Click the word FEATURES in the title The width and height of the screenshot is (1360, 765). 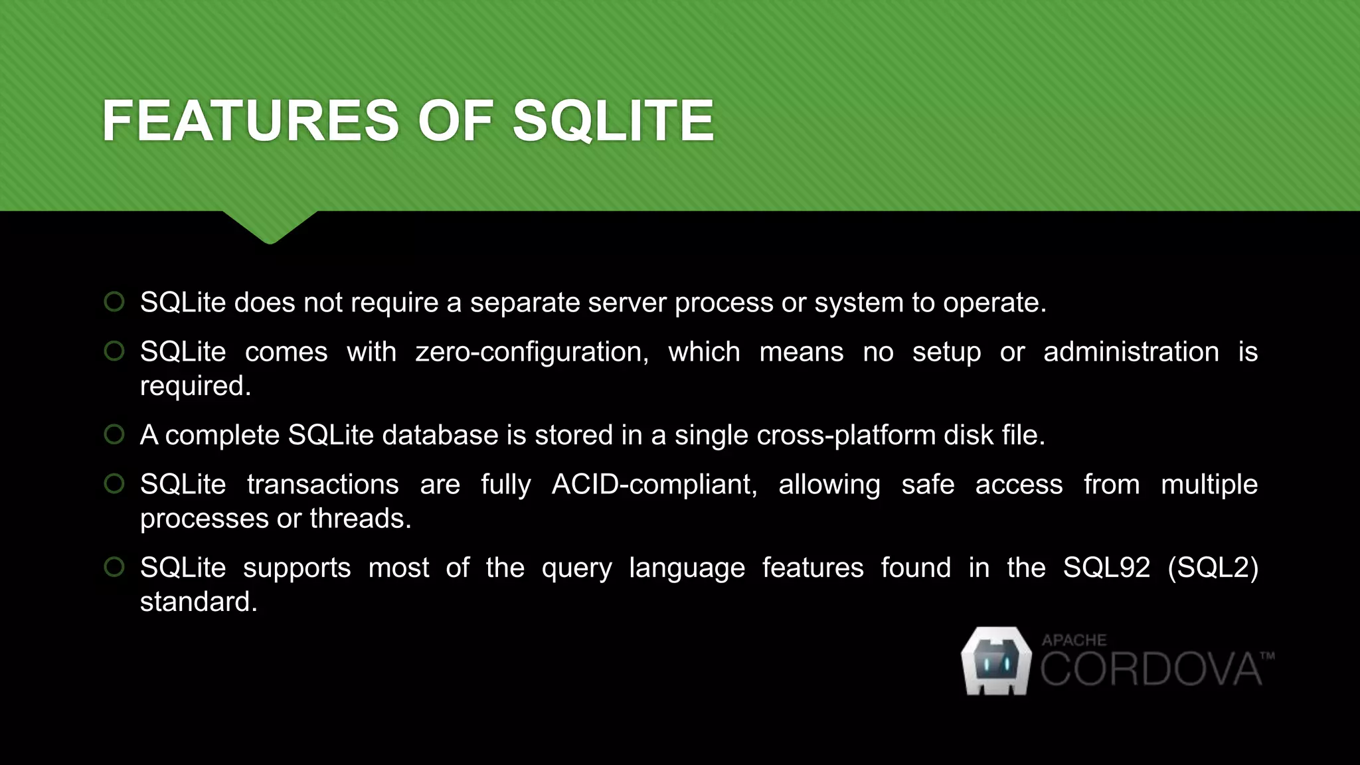click(x=250, y=121)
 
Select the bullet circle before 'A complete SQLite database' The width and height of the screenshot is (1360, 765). click(x=114, y=434)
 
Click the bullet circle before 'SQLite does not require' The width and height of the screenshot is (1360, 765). click(x=114, y=301)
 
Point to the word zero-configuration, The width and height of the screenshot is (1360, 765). click(x=532, y=352)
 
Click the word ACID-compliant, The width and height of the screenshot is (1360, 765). click(x=654, y=485)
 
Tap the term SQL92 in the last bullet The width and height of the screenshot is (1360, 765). click(x=1106, y=568)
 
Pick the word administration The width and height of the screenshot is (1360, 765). click(x=1131, y=352)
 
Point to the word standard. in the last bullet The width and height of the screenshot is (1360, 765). click(x=198, y=602)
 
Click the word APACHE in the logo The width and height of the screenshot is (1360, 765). click(x=1074, y=640)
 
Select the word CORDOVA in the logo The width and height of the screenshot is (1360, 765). click(x=1150, y=669)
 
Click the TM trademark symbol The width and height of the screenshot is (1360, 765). click(x=1267, y=656)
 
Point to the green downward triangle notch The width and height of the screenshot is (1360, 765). click(x=270, y=226)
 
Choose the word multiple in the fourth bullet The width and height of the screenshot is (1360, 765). click(x=1209, y=485)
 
